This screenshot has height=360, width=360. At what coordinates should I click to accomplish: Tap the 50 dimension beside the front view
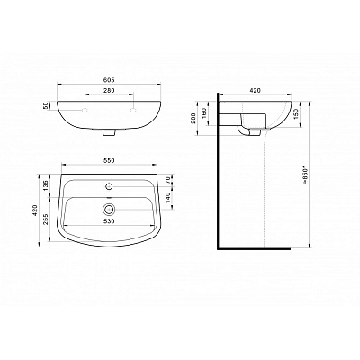[x=46, y=105]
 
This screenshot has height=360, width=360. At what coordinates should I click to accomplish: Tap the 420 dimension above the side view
[x=256, y=91]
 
